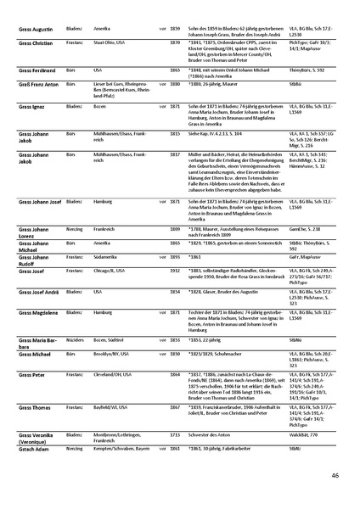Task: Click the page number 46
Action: [336, 475]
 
